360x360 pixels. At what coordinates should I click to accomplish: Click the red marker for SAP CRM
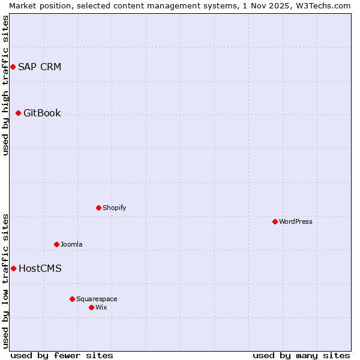(13, 67)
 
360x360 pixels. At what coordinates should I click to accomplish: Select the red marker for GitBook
(18, 113)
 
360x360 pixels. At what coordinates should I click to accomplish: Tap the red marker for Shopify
(98, 208)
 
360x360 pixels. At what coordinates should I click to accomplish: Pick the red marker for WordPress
(275, 221)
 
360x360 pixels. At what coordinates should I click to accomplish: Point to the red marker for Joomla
(56, 244)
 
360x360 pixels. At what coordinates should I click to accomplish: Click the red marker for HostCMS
(13, 268)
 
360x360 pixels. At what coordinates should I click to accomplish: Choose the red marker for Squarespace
(72, 299)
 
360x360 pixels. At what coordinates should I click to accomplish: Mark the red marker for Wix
(91, 307)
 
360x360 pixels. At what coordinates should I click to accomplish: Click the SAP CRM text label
(40, 67)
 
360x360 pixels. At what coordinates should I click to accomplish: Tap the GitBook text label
(42, 113)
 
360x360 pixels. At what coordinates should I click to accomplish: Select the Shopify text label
(114, 208)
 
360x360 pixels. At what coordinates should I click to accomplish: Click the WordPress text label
(295, 221)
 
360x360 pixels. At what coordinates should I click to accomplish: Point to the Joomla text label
(71, 244)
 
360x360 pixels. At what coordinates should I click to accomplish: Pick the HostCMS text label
(40, 268)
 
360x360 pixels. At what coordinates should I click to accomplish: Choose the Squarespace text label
(97, 299)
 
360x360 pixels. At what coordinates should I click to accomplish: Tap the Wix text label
(101, 307)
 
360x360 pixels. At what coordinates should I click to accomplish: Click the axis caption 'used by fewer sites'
(62, 355)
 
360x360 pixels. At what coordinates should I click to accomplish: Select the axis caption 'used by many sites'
(301, 355)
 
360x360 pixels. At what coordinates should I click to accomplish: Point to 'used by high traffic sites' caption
(5, 85)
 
